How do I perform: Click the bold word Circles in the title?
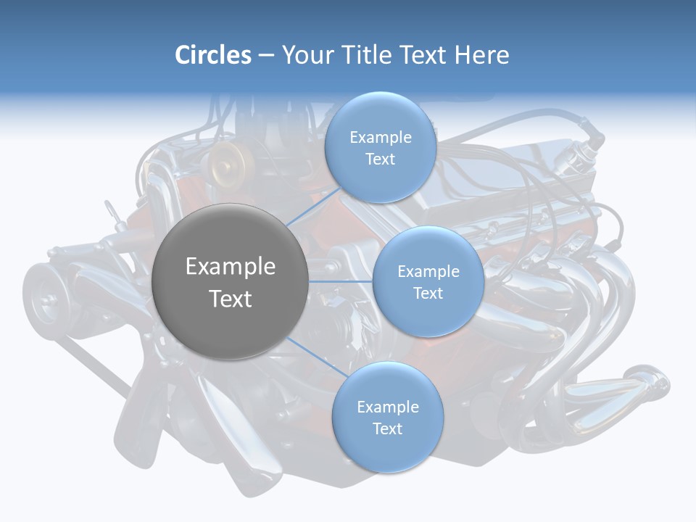[213, 55]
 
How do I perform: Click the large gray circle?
[230, 281]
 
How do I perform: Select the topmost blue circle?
[380, 148]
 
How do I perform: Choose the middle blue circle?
[428, 281]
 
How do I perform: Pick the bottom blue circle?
[387, 418]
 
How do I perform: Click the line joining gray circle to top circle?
[314, 206]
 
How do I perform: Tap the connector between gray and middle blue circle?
[340, 281]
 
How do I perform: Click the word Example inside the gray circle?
[230, 267]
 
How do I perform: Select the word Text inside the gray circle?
[230, 299]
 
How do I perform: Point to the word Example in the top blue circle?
[380, 138]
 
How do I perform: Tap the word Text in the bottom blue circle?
[387, 429]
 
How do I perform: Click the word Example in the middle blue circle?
[428, 272]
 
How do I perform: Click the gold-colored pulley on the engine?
[225, 163]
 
